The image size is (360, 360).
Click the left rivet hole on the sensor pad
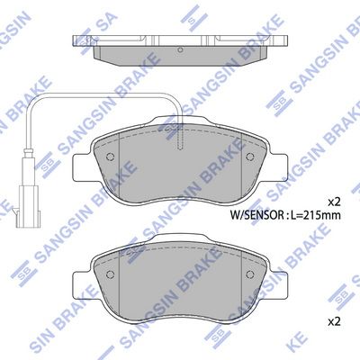110,157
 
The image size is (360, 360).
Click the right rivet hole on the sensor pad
250,157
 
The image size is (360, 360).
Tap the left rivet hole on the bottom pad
110,274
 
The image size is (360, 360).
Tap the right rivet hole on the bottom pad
250,274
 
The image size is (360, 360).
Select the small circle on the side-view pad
180,50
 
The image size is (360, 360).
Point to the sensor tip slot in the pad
180,138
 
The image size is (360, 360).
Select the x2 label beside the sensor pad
334,202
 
